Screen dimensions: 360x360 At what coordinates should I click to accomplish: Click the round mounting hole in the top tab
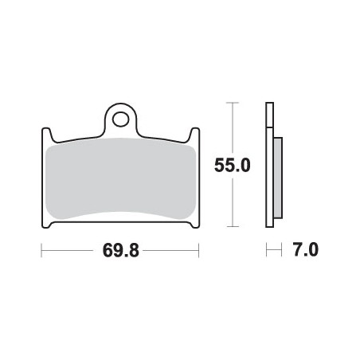(120, 119)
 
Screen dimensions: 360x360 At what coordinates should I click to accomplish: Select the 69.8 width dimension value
(120, 251)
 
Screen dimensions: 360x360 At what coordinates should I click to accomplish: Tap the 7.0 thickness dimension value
(306, 251)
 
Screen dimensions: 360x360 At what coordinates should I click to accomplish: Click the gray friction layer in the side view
(276, 177)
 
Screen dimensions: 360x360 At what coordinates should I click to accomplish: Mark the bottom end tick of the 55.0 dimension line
(232, 228)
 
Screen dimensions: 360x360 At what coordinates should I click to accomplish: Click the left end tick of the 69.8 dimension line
(41, 251)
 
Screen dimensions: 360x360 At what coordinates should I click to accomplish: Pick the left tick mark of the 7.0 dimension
(267, 251)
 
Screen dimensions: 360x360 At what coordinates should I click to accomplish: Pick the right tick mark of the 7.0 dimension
(282, 251)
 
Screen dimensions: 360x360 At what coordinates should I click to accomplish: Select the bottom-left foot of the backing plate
(47, 225)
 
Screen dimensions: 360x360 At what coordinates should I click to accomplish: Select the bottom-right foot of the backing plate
(193, 225)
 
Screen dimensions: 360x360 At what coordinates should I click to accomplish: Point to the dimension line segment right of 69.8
(171, 251)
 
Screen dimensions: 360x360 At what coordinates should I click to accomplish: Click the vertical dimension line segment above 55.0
(232, 127)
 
